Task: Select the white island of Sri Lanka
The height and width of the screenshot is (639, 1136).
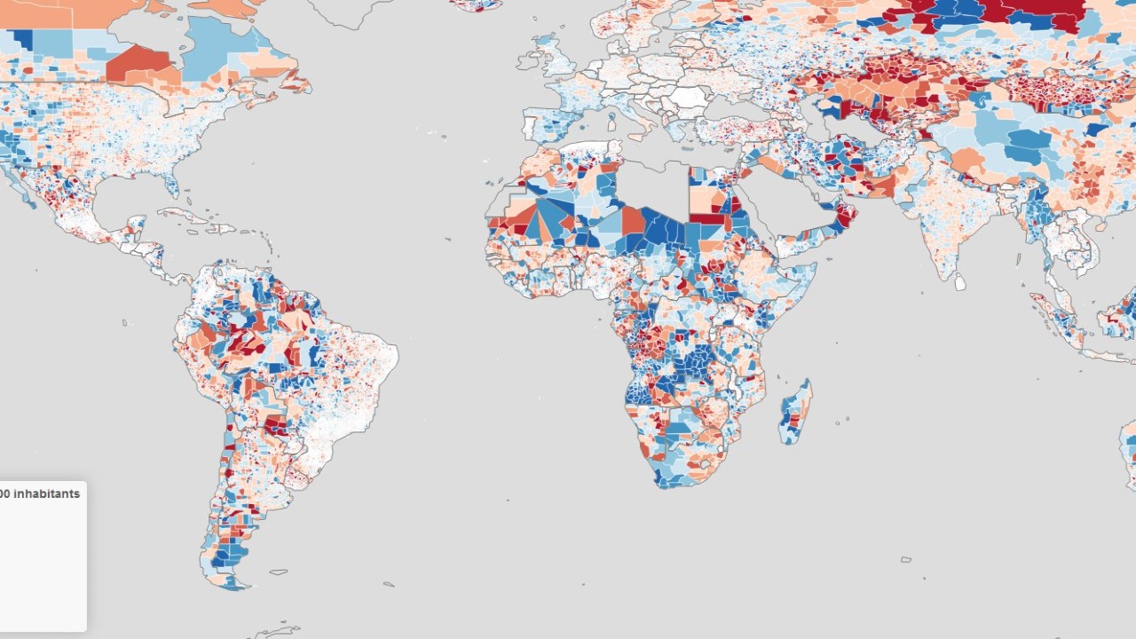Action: (x=959, y=281)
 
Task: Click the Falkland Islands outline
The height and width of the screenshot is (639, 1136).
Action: (x=279, y=572)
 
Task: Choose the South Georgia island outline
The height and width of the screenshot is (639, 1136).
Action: (x=388, y=584)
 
